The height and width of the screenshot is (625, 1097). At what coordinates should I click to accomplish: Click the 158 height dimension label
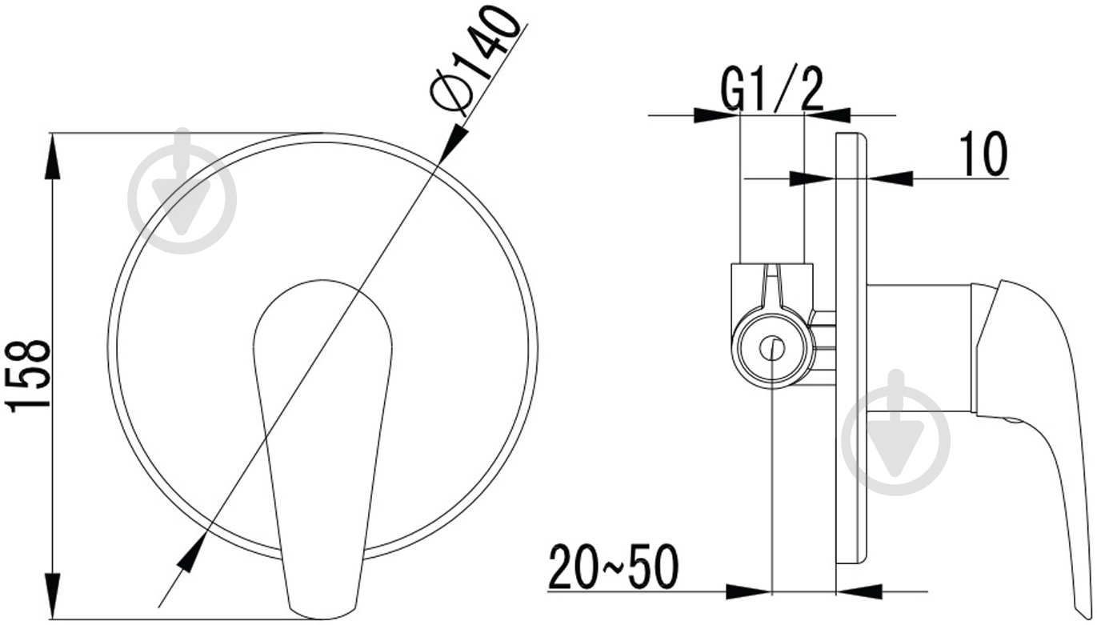coord(27,375)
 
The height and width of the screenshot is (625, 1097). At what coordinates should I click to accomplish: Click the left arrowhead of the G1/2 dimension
coord(716,115)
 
